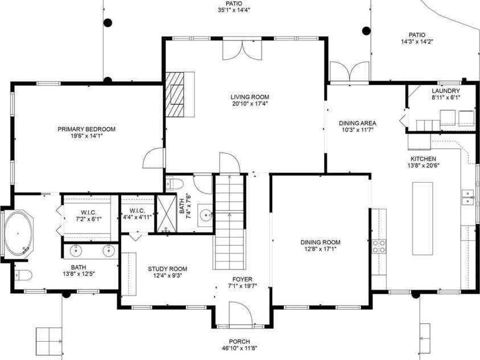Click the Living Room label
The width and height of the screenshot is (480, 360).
tap(250, 97)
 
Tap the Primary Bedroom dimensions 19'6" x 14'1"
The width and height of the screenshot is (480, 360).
tap(87, 137)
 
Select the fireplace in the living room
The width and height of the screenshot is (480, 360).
tap(179, 94)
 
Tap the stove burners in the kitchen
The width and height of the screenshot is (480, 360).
tap(379, 246)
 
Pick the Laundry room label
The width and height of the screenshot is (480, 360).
tap(445, 91)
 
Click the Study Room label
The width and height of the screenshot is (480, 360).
tap(167, 269)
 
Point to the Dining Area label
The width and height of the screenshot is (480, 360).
tap(357, 123)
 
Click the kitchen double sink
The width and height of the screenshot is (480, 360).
tap(468, 198)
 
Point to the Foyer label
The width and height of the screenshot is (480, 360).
tap(240, 279)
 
